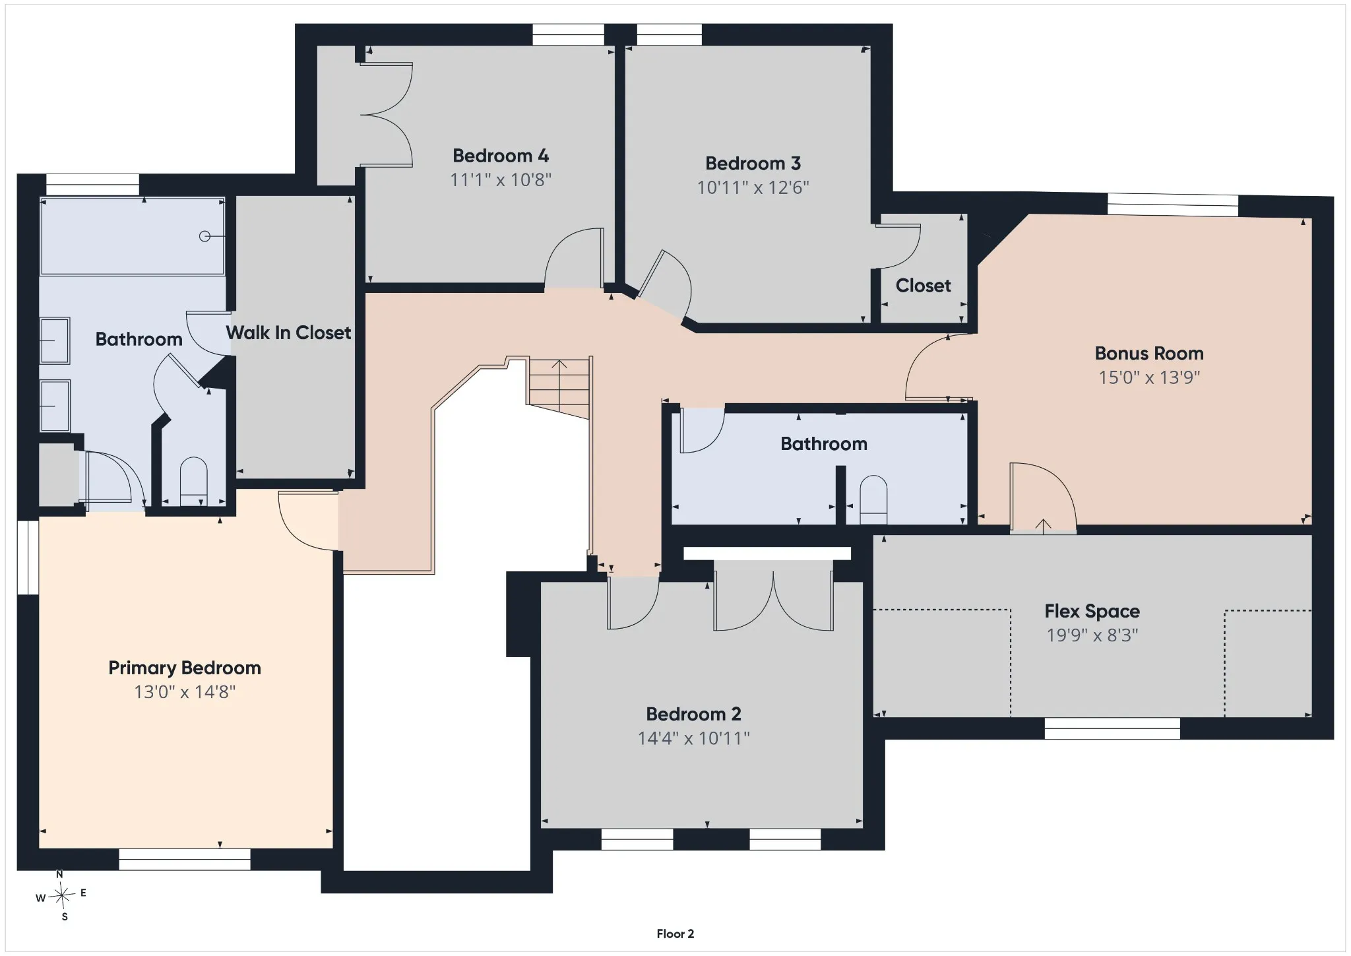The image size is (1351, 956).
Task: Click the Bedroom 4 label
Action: pyautogui.click(x=501, y=156)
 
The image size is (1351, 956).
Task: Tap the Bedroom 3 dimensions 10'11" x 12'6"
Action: pyautogui.click(x=753, y=187)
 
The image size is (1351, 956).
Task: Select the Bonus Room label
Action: pyautogui.click(x=1149, y=353)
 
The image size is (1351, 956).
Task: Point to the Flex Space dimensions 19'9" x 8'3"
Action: pyautogui.click(x=1092, y=635)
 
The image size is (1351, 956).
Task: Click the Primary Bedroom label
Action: pyautogui.click(x=185, y=668)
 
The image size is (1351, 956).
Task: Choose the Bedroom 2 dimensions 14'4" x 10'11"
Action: pyautogui.click(x=693, y=738)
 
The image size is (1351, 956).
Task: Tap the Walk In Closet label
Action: pyautogui.click(x=288, y=333)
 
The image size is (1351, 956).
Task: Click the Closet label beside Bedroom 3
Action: pyautogui.click(x=923, y=286)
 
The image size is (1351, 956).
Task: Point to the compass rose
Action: pyautogui.click(x=62, y=895)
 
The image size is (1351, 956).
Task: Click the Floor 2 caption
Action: pyautogui.click(x=675, y=934)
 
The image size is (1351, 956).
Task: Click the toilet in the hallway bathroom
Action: pyautogui.click(x=873, y=499)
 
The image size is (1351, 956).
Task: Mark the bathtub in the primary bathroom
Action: pyautogui.click(x=133, y=236)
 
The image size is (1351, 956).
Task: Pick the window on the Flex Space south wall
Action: pyautogui.click(x=1112, y=728)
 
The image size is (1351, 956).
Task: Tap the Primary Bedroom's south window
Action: pyautogui.click(x=185, y=859)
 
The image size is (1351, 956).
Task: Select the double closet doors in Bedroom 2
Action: pyautogui.click(x=773, y=595)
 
